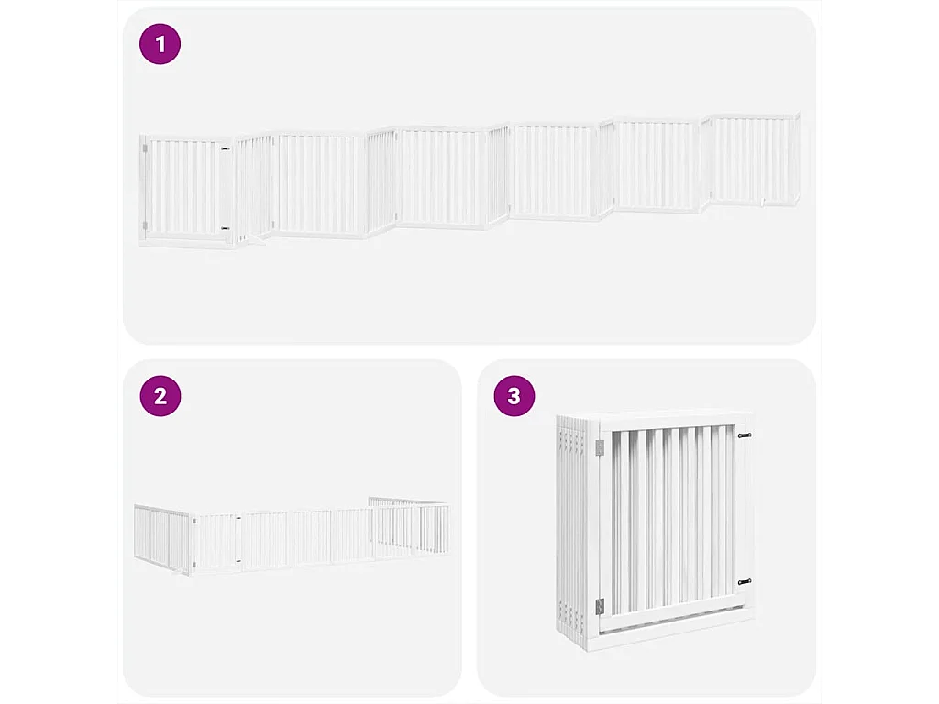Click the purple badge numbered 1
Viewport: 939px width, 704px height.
coord(160,45)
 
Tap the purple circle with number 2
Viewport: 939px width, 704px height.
coord(160,396)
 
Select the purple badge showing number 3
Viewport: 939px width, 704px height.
coord(514,396)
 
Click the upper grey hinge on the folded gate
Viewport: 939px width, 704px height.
coord(600,446)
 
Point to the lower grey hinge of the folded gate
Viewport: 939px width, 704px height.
coord(600,605)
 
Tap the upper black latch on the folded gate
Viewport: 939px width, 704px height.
coord(744,435)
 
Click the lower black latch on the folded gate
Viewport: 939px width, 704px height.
coord(744,581)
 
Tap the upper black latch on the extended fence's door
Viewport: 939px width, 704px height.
coord(225,149)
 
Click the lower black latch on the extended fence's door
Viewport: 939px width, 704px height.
coord(225,229)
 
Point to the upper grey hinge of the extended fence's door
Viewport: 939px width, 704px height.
coord(144,147)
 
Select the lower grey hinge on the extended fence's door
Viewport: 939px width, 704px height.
coord(144,226)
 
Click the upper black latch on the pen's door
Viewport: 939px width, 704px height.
coord(237,522)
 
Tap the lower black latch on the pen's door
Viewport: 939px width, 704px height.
coord(237,560)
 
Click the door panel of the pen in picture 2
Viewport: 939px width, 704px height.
coord(216,543)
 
